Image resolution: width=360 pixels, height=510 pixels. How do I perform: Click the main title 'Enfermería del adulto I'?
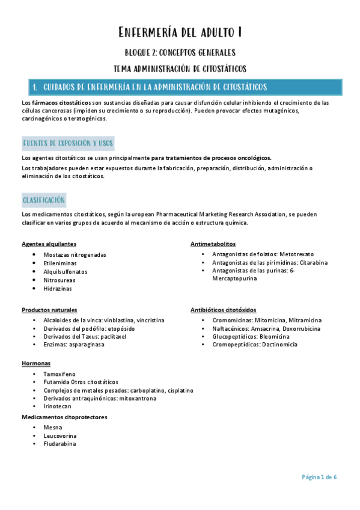pyautogui.click(x=180, y=32)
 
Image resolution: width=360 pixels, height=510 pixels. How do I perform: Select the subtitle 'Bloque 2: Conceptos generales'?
pyautogui.click(x=180, y=52)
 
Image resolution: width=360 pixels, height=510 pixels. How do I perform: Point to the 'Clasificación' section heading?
pyautogui.click(x=44, y=200)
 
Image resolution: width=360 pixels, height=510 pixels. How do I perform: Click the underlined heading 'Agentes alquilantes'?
pyautogui.click(x=49, y=244)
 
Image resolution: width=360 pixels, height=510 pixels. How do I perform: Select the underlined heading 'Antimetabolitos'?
pyautogui.click(x=213, y=244)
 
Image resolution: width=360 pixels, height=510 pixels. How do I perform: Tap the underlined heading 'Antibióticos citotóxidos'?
pyautogui.click(x=223, y=310)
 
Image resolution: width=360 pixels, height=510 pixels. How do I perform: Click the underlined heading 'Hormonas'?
pyautogui.click(x=36, y=364)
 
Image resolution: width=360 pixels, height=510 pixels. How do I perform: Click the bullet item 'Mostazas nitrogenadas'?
pyautogui.click(x=75, y=254)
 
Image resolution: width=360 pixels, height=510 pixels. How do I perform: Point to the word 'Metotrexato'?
pyautogui.click(x=296, y=254)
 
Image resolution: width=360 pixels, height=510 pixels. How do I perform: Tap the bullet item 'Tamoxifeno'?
pyautogui.click(x=59, y=373)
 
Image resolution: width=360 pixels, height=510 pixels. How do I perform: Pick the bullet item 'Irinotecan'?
pyautogui.click(x=57, y=407)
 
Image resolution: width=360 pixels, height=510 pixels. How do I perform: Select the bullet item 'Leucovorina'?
pyautogui.click(x=60, y=435)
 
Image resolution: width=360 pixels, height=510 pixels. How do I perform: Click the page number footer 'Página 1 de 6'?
pyautogui.click(x=319, y=477)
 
